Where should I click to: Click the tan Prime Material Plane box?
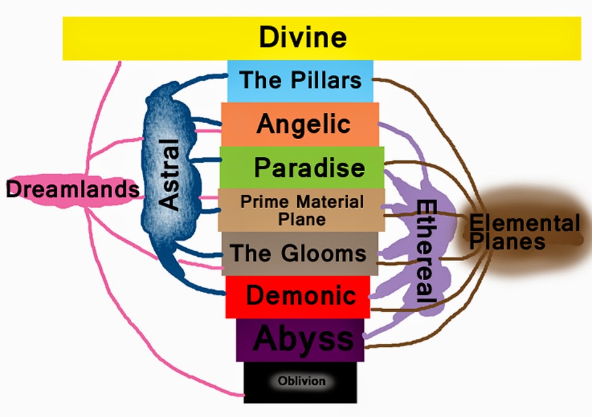click(x=301, y=210)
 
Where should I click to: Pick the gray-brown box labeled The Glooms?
click(x=298, y=253)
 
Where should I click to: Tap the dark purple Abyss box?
click(x=300, y=339)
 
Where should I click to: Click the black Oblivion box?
click(x=300, y=381)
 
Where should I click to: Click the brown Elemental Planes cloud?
click(x=524, y=231)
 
